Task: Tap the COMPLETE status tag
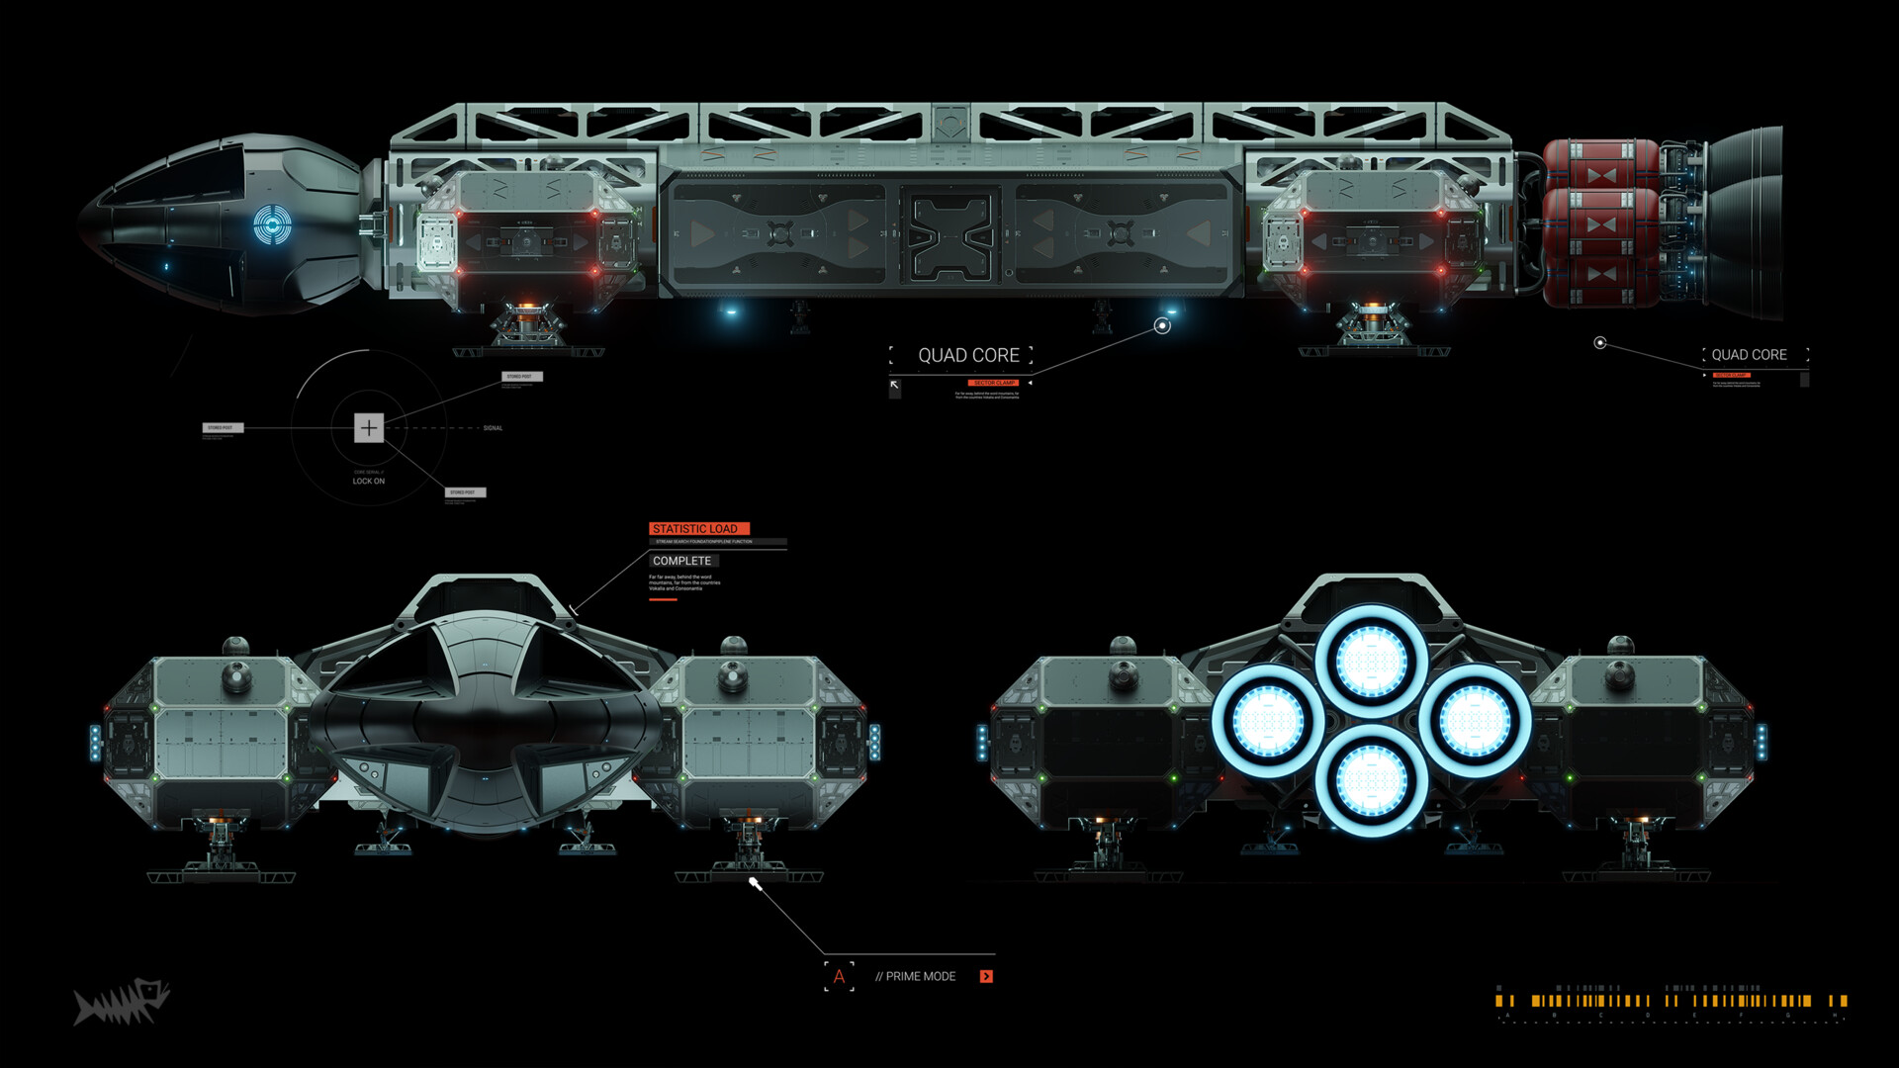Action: pos(681,561)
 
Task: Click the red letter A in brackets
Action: pos(839,976)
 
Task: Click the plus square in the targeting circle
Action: pos(368,427)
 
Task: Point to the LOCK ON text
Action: pos(369,482)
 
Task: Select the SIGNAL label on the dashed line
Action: pos(493,428)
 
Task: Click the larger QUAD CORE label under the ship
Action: pos(968,355)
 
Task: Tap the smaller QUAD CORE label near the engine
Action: pos(1749,355)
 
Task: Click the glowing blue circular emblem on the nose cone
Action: pos(272,224)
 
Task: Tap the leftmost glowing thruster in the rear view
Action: pos(1268,720)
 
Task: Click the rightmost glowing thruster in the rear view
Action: pos(1475,720)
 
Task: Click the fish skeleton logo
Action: pos(122,1002)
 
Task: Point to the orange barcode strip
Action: pos(1671,1001)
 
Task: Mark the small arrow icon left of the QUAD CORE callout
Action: pos(894,386)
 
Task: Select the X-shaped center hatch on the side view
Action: pos(949,235)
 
